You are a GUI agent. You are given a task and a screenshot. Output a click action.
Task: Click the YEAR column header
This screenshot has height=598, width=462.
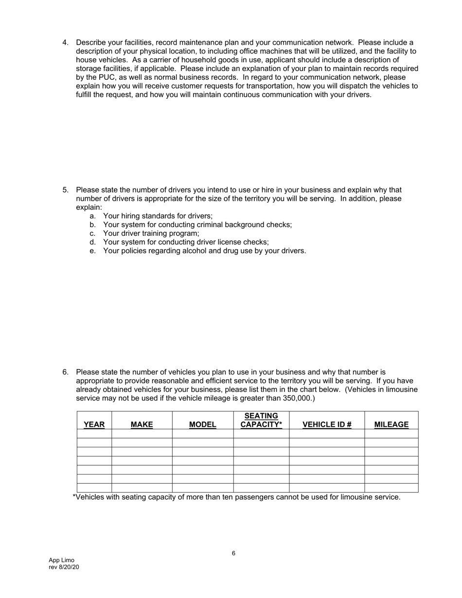point(94,424)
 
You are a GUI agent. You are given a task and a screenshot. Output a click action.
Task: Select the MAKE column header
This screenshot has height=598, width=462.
point(142,424)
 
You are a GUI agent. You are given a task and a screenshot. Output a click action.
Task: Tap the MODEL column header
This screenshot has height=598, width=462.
point(202,424)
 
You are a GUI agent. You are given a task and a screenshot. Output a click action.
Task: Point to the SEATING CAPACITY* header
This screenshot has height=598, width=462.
point(261,420)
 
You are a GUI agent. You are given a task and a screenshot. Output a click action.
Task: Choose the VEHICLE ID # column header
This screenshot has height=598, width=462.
point(327,424)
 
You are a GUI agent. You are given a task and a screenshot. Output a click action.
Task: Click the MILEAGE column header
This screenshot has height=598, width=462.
point(391,424)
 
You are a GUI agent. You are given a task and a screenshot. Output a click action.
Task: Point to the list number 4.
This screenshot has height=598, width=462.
point(65,42)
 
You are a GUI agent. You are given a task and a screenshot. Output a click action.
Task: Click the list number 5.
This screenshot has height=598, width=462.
point(65,190)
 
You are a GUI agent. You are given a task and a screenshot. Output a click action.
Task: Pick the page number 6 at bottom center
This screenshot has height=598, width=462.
point(233,553)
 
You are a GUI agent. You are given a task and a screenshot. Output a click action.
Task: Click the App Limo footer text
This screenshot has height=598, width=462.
point(61,560)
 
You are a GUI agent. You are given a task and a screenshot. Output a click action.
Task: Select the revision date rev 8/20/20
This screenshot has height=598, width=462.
point(64,567)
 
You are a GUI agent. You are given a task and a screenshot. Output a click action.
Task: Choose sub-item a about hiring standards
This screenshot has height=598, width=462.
point(158,216)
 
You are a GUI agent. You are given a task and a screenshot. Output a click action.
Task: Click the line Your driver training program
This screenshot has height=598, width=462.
point(151,233)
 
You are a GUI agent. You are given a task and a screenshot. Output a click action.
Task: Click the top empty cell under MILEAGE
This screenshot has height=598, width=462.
point(391,434)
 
